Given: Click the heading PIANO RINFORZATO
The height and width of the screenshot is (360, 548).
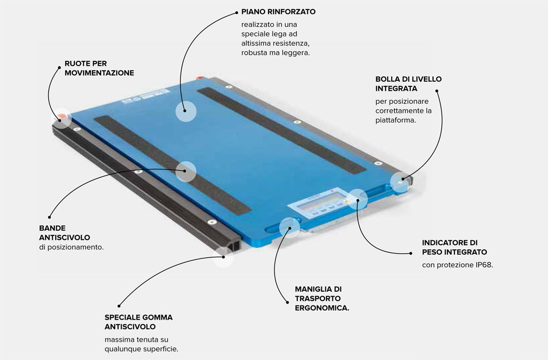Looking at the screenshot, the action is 278,11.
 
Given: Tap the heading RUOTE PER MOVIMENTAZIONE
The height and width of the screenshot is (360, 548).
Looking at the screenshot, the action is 99,68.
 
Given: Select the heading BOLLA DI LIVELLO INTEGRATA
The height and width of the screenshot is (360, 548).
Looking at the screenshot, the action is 409,84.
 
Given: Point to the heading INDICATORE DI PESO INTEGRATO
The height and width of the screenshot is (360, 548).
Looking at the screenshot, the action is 454,247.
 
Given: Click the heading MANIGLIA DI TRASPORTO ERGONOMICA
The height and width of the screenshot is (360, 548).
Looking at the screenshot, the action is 322,299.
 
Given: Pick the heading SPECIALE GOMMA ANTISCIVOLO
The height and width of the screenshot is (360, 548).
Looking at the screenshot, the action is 138,322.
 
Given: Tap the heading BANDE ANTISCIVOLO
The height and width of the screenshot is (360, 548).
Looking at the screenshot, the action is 65,233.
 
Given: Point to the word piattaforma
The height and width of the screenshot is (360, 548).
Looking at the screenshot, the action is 395,120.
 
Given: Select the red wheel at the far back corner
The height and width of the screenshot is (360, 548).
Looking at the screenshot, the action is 200,78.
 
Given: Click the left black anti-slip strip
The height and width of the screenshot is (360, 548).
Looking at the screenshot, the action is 172,165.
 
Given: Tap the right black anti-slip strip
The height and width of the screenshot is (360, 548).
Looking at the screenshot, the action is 281,131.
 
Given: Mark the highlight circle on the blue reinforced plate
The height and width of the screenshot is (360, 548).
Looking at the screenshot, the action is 186,111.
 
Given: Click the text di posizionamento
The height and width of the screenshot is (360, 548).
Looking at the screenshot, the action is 71,247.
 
